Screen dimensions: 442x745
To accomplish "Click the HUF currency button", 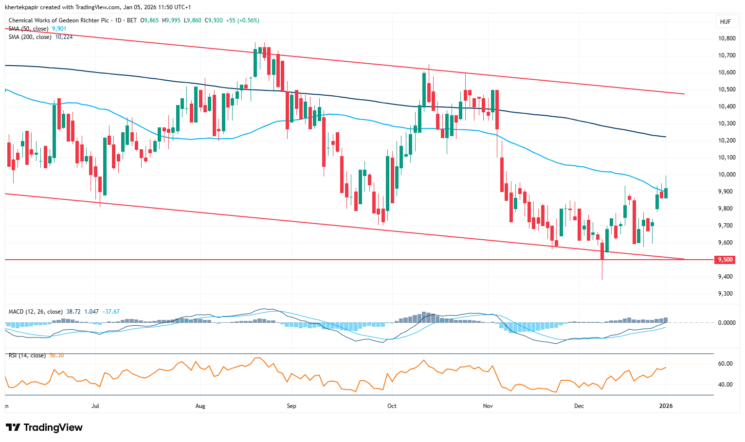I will (x=725, y=22).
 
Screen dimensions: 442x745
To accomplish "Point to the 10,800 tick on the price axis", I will (x=727, y=38).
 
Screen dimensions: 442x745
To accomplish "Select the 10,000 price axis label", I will (x=727, y=175).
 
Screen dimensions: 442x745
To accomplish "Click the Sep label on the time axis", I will (x=291, y=406).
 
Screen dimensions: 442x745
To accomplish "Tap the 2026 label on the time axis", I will (x=666, y=406).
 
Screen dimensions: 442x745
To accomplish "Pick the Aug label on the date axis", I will (x=200, y=406).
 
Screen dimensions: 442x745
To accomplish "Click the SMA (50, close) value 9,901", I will (x=59, y=29).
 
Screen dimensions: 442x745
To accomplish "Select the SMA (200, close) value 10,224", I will (x=64, y=37).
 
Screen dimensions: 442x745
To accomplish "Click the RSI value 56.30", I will (x=56, y=355).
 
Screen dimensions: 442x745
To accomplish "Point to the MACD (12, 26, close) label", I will (x=36, y=312).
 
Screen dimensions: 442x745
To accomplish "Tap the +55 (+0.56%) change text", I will (x=243, y=20).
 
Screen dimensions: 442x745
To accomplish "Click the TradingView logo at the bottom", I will (x=45, y=427).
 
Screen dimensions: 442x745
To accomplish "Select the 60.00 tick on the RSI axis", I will (x=726, y=364).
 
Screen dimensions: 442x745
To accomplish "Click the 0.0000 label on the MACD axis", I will (x=727, y=322).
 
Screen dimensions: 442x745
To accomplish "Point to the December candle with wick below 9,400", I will (x=602, y=263).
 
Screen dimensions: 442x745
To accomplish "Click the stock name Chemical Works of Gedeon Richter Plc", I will (x=58, y=20).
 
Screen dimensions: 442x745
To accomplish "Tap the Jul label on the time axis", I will (x=95, y=406).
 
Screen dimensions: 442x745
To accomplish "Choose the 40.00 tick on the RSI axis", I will (x=726, y=385).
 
